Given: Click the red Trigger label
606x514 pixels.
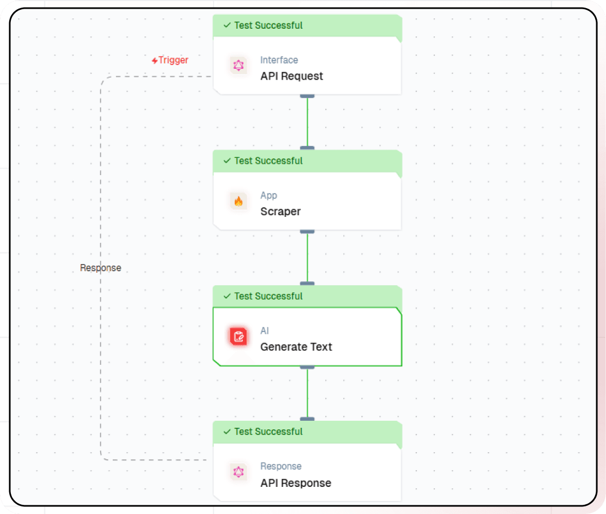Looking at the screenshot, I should [x=170, y=60].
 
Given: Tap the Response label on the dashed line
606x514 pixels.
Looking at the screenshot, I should [x=100, y=268].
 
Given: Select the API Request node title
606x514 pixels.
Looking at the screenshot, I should [x=292, y=76].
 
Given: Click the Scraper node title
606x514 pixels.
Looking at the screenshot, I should [x=280, y=212].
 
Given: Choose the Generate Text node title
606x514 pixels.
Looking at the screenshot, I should [x=296, y=347].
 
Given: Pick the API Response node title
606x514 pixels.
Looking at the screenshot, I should [x=295, y=483].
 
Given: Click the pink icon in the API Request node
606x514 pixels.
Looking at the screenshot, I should [x=238, y=66].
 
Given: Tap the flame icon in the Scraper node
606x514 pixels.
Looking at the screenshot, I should [x=238, y=202].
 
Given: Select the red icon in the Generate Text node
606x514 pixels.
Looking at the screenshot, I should [x=238, y=337].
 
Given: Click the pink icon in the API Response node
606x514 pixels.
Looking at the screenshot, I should [x=238, y=472].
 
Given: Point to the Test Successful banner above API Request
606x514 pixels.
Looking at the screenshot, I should [x=307, y=25].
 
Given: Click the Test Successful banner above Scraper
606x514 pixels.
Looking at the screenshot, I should [x=307, y=161].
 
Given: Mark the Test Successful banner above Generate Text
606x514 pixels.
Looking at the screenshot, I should [x=307, y=297].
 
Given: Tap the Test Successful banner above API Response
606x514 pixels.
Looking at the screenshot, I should [x=307, y=432].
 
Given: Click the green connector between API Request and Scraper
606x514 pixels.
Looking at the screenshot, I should [x=307, y=122].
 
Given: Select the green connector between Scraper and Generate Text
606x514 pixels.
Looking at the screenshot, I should [x=307, y=258].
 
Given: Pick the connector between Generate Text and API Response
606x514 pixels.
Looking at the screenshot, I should [x=307, y=393].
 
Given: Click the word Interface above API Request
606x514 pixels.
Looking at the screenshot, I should [x=279, y=60].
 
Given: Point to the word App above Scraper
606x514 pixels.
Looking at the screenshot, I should [x=268, y=196].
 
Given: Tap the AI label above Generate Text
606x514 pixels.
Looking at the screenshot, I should [x=265, y=331].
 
